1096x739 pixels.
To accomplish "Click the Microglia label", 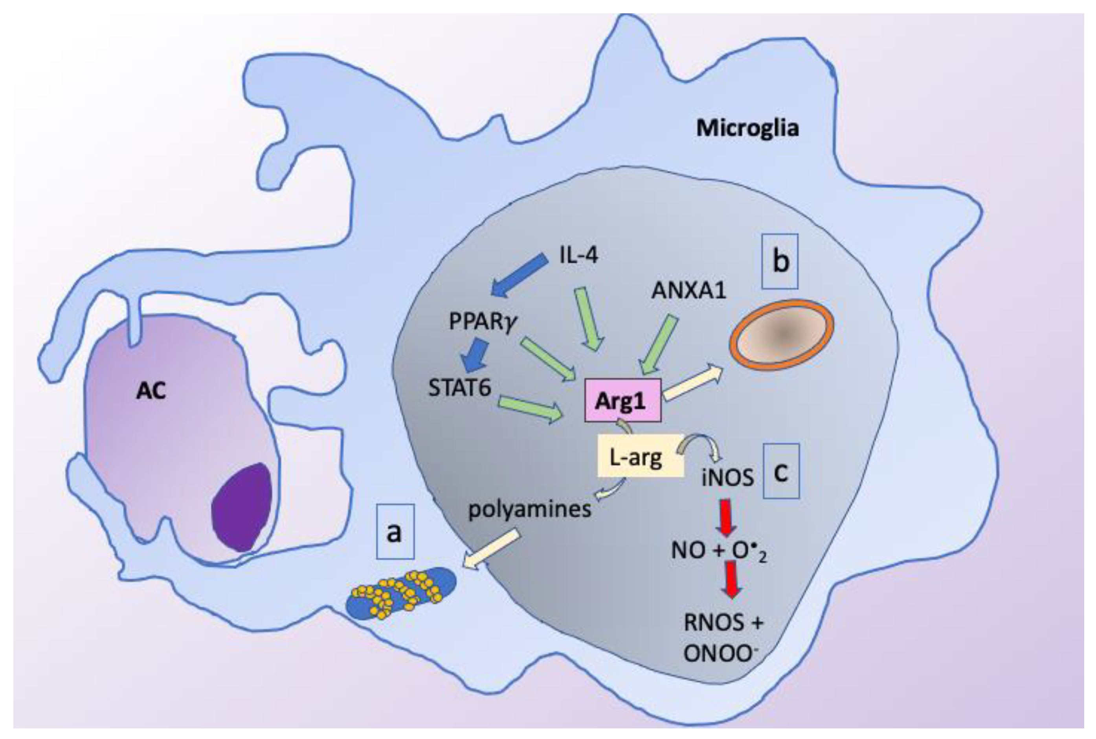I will pyautogui.click(x=747, y=128).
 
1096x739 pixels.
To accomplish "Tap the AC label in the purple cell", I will pyautogui.click(x=151, y=391).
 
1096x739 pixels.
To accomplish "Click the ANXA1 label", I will pyautogui.click(x=688, y=291).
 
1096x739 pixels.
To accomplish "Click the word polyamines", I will pyautogui.click(x=529, y=509).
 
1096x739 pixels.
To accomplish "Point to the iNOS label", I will pyautogui.click(x=728, y=479).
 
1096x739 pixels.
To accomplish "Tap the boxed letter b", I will pyautogui.click(x=780, y=262).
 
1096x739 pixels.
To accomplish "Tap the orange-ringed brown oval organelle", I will pyautogui.click(x=782, y=335).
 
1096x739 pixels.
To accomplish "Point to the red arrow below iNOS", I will pyautogui.click(x=726, y=517).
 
